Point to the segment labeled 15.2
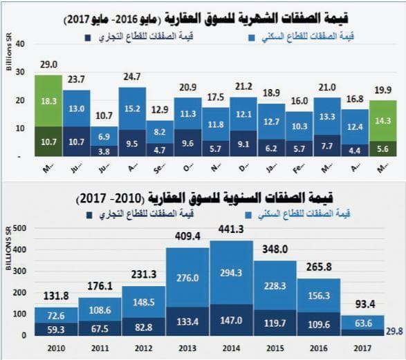(132, 108)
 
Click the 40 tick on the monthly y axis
(20, 44)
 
